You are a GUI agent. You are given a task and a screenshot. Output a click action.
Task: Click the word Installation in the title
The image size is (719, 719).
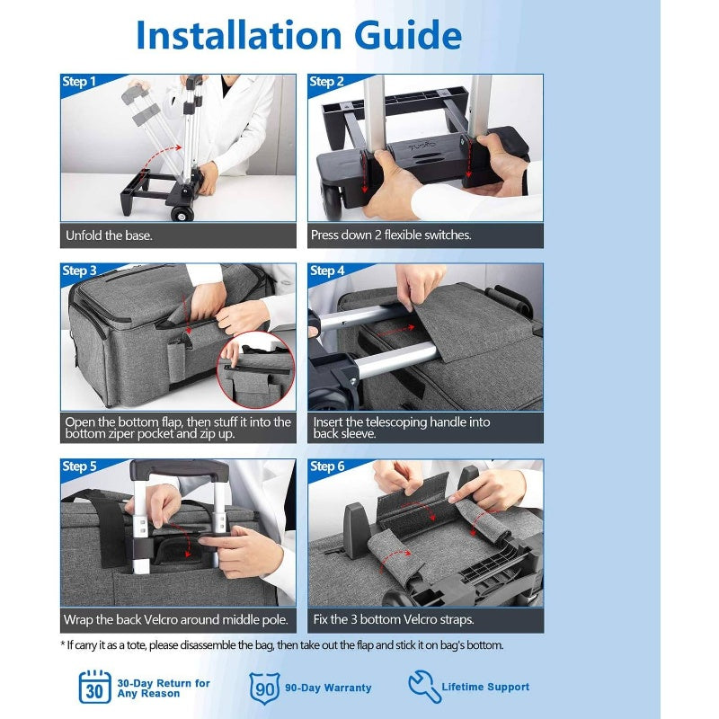click(x=239, y=35)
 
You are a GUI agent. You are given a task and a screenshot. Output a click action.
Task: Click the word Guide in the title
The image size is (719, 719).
click(x=408, y=35)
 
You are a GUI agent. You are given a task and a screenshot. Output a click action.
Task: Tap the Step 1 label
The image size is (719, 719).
click(x=79, y=82)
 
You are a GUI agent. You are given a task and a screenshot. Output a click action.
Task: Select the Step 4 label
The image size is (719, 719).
click(x=327, y=271)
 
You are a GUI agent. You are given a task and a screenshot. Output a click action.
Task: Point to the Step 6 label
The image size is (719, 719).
click(x=327, y=466)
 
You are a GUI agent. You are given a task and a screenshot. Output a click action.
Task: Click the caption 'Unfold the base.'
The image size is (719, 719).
click(x=109, y=235)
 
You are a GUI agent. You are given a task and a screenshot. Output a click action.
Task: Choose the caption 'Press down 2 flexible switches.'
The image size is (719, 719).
click(x=391, y=235)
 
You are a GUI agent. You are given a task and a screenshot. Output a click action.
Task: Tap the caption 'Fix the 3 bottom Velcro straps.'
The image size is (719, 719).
click(x=393, y=619)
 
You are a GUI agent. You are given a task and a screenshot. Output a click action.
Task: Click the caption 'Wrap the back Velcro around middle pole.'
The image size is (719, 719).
click(x=176, y=620)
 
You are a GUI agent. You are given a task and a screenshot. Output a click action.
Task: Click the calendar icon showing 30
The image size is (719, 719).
click(x=95, y=687)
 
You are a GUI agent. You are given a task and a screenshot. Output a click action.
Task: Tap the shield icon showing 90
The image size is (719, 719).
click(x=264, y=688)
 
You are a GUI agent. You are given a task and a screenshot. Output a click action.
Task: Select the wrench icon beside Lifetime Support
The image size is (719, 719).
click(x=424, y=686)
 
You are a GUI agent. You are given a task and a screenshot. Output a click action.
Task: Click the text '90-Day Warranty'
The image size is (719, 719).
click(x=328, y=688)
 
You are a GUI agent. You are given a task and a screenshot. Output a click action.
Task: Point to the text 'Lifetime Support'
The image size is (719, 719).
click(x=485, y=687)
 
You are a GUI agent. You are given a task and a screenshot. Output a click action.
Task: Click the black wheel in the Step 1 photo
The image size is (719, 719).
click(x=182, y=214)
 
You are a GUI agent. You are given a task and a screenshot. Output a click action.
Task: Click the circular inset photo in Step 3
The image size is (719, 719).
click(x=255, y=370)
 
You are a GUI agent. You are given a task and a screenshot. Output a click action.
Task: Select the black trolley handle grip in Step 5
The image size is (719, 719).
click(x=179, y=469)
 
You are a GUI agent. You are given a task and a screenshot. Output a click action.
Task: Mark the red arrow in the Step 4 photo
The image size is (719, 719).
click(x=395, y=329)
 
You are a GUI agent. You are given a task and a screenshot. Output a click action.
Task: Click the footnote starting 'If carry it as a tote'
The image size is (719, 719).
click(x=282, y=645)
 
